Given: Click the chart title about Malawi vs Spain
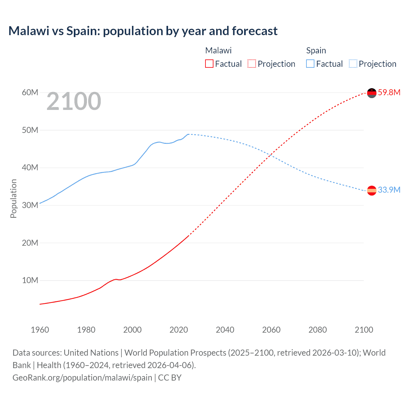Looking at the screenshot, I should tap(143, 31).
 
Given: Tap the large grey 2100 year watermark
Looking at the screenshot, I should tap(74, 102).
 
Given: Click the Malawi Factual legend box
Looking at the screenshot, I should tap(209, 64).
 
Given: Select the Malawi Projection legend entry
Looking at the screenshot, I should tap(272, 64).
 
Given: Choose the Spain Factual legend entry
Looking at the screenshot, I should tap(325, 64).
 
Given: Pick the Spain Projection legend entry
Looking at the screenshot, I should tap(373, 64).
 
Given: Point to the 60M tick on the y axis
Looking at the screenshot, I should tap(30, 93).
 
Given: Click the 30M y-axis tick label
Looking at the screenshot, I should tap(30, 205).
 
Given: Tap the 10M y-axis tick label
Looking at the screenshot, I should tap(30, 281).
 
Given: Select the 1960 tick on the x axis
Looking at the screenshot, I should tap(40, 330).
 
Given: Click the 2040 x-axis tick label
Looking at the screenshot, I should tap(225, 330).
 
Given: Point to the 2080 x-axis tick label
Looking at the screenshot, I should tap(318, 330).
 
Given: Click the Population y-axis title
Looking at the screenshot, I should tap(13, 198).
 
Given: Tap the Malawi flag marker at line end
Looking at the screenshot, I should tap(372, 93).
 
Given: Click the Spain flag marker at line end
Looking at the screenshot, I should tap(372, 190).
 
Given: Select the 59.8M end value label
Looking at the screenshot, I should tap(389, 93).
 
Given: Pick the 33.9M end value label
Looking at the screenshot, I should tap(389, 190).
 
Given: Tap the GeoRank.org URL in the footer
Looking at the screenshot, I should tap(82, 378).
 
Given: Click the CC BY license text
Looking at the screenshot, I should tap(170, 378).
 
